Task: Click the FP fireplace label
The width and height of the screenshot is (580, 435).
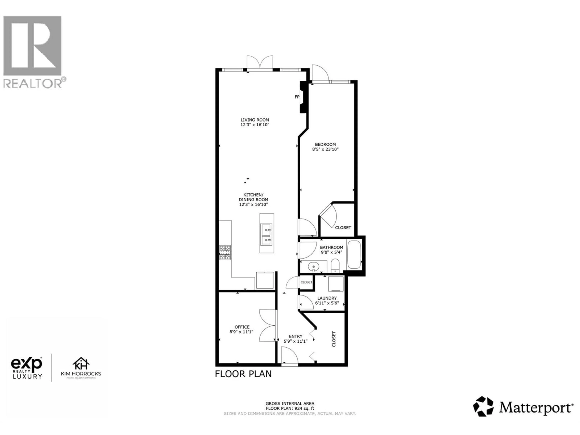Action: tap(297, 97)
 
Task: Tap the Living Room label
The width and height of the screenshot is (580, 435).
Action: tap(255, 120)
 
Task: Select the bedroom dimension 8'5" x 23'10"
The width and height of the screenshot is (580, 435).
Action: tap(325, 149)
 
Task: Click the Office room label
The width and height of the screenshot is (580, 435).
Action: tap(242, 327)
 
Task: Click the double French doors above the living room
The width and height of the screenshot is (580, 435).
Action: tap(260, 62)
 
